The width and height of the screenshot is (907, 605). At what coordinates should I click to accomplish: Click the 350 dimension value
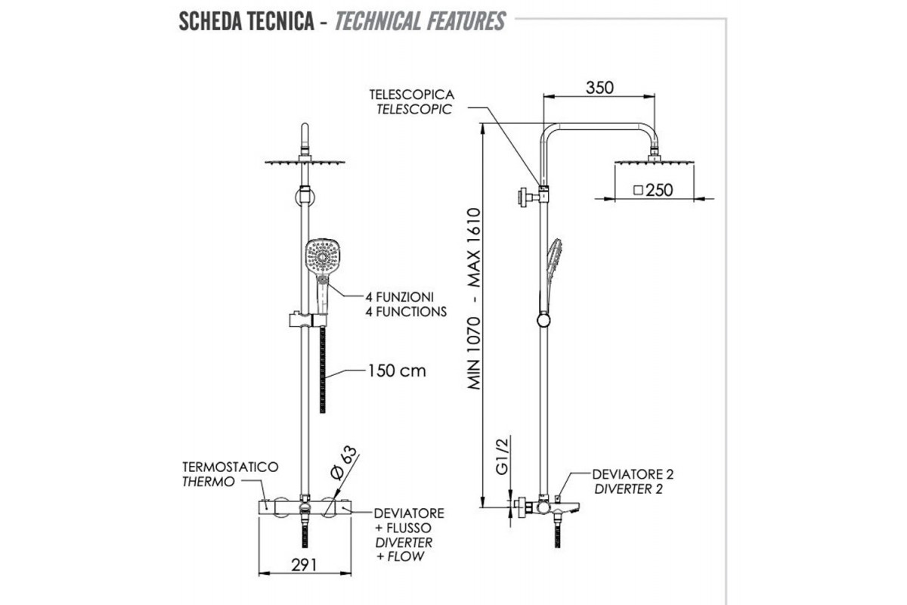[600, 87]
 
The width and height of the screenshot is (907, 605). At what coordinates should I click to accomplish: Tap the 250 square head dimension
[654, 190]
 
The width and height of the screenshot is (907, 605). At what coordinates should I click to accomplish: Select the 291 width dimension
[302, 564]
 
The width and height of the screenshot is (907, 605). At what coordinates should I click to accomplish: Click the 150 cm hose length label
[397, 371]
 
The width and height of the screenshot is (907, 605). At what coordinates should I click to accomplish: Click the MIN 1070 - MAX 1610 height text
[474, 298]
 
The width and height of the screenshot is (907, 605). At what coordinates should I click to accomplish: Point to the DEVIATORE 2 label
[633, 474]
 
